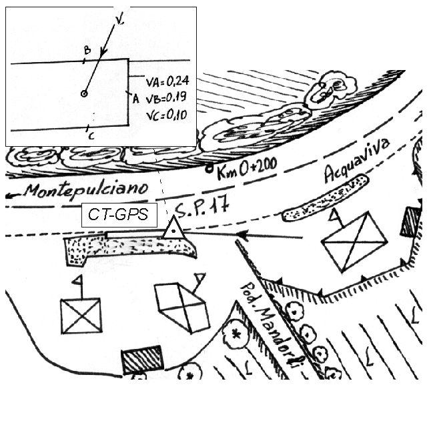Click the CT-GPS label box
coord(119,215)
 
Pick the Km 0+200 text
coord(247,168)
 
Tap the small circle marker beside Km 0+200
coord(209,168)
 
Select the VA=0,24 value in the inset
coord(167,81)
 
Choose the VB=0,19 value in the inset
coord(167,98)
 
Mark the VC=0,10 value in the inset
coord(167,115)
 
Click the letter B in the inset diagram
coord(87,50)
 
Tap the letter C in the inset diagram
coord(91,135)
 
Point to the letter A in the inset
coord(135,99)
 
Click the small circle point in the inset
coord(84,93)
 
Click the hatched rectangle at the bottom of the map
coord(142,359)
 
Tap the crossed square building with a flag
coord(81,316)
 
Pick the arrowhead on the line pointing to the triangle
coord(243,235)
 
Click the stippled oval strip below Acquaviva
coord(326,197)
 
